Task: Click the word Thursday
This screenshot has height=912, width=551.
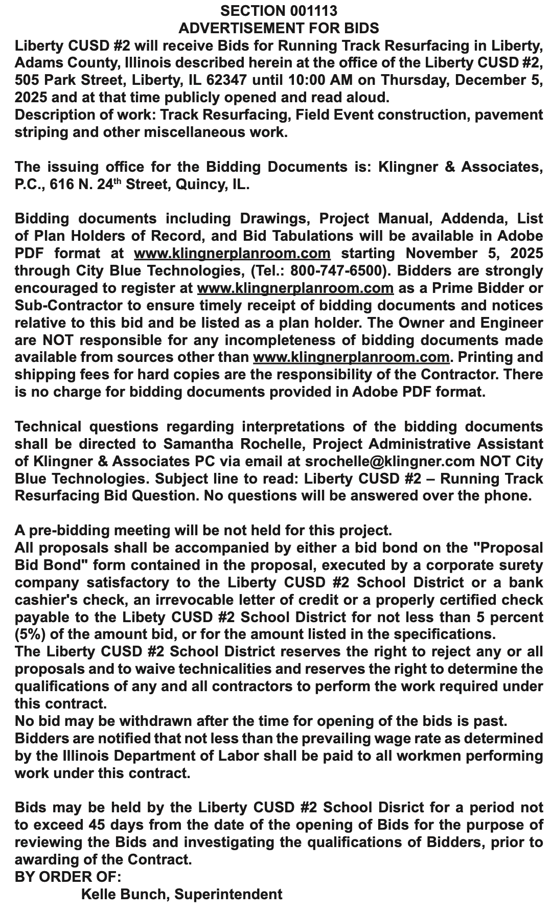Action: pyautogui.click(x=410, y=80)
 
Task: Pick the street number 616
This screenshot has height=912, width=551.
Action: pyautogui.click(x=63, y=185)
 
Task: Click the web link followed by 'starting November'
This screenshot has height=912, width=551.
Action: pyautogui.click(x=232, y=254)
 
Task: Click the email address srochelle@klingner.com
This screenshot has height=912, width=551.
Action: pyautogui.click(x=390, y=462)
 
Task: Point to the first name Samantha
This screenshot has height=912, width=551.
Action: pyautogui.click(x=197, y=444)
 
